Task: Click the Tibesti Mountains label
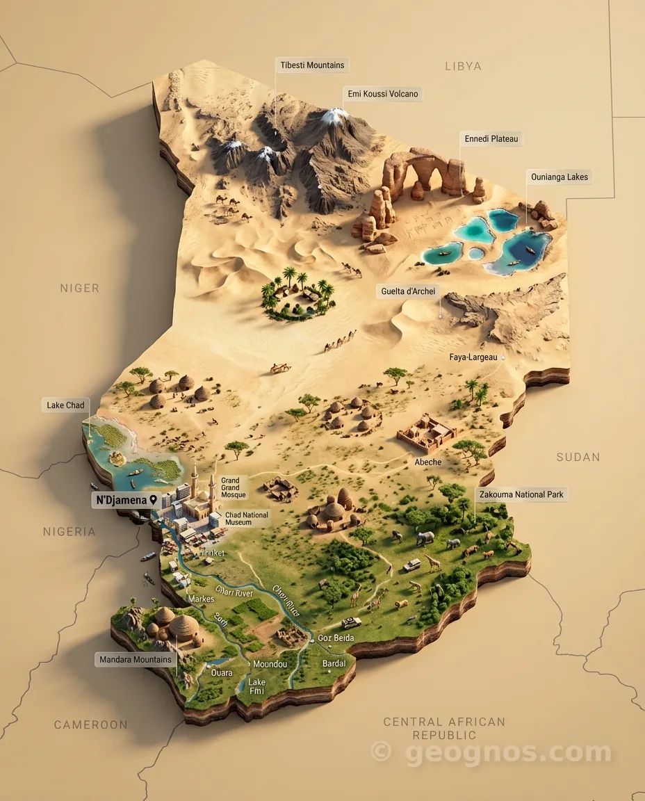click(312, 65)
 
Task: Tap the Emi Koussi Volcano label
click(382, 93)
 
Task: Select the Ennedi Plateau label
click(491, 139)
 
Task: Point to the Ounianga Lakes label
click(560, 177)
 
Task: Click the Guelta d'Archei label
click(408, 291)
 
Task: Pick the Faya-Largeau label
click(473, 357)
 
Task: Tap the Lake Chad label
click(65, 405)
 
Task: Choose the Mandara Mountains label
click(136, 659)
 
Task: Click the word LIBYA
click(463, 66)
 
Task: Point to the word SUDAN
click(578, 457)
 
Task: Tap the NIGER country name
click(79, 288)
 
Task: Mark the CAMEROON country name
click(91, 725)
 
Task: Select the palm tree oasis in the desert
click(298, 296)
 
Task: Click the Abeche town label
click(428, 462)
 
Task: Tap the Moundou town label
click(270, 664)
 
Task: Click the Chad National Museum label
click(246, 519)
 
